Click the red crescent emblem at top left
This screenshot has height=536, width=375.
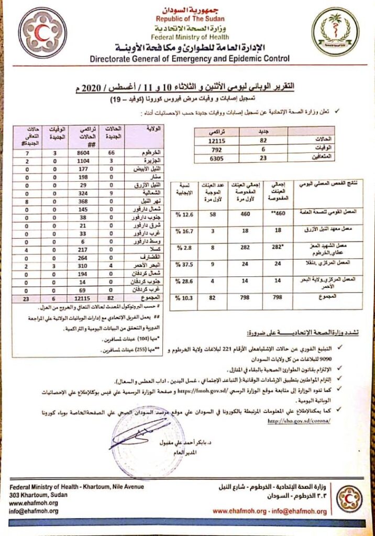click(x=42, y=32)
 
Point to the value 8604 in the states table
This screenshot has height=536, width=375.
click(x=84, y=152)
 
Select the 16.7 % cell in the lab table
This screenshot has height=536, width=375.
click(x=186, y=231)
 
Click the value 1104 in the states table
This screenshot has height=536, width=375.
click(x=84, y=161)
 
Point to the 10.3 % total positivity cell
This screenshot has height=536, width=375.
click(x=186, y=298)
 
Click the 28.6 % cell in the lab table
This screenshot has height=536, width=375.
click(x=186, y=281)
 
